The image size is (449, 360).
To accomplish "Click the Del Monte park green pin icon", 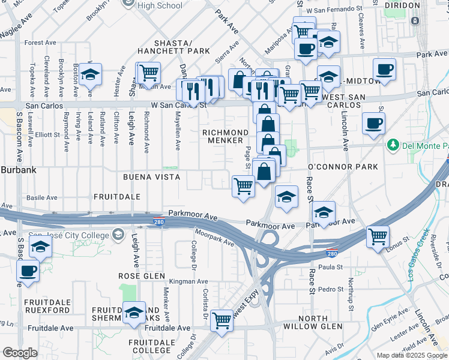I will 393,145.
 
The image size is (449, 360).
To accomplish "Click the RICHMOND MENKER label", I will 225,136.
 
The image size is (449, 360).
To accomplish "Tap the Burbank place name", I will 18,170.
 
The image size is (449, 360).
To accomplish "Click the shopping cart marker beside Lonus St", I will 378,236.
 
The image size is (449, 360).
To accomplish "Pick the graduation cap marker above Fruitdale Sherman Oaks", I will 134,312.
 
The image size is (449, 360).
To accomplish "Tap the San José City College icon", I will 118,233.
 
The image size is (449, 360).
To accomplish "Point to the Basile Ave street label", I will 41,197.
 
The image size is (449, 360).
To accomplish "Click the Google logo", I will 20,353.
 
